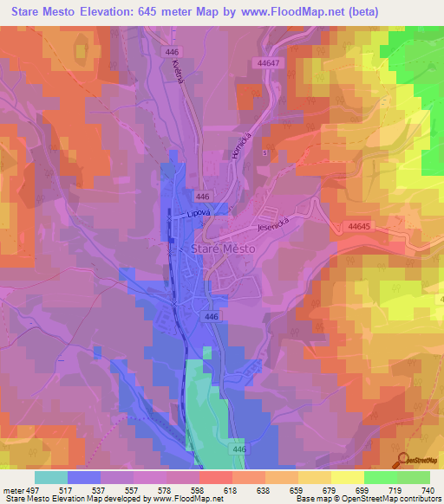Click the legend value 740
click(x=427, y=490)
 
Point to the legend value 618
click(x=231, y=490)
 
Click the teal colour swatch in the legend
click(x=51, y=477)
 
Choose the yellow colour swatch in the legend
click(x=347, y=477)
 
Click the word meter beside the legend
click(x=13, y=490)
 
